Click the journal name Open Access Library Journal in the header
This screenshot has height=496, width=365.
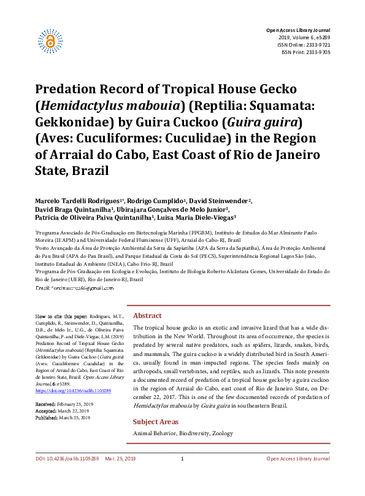298,30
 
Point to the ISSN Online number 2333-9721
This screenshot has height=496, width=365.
317,45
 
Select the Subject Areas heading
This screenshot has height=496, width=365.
156,422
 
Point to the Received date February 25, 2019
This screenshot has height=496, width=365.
74,404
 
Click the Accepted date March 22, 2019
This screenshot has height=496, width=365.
72,411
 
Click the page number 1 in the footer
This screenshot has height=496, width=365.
182,476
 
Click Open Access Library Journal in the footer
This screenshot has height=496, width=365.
298,476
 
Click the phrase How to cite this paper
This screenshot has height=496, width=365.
62,315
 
